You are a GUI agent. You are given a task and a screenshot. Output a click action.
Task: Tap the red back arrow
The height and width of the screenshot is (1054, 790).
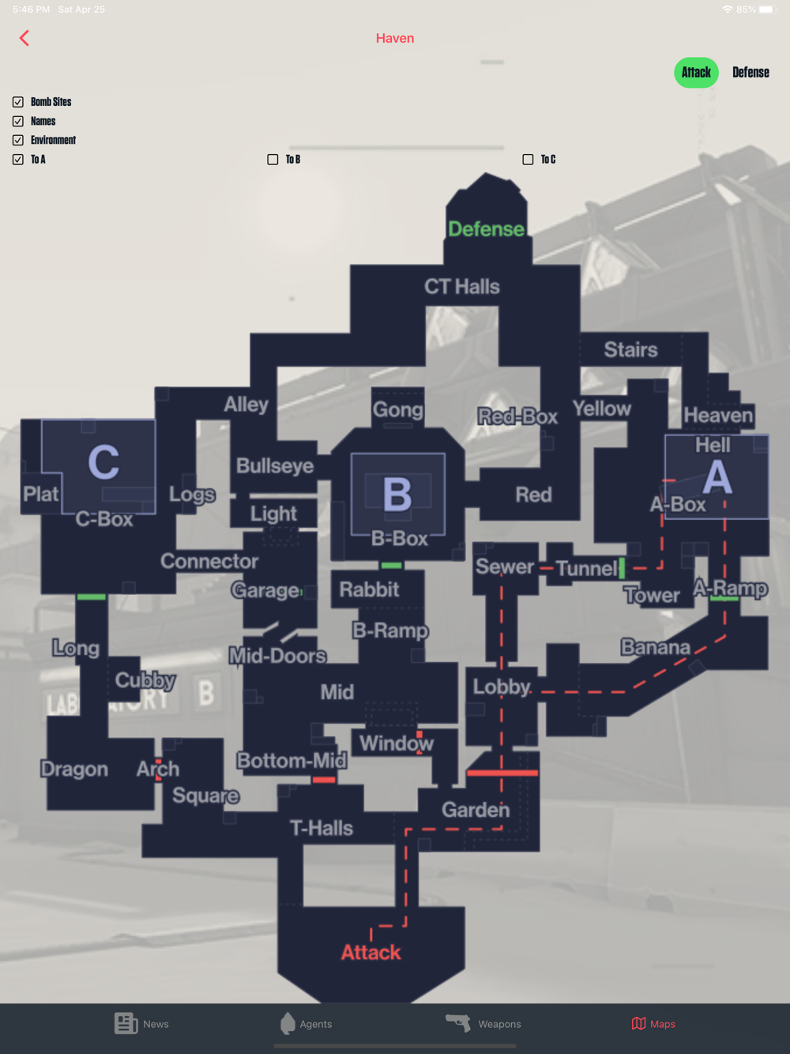pyautogui.click(x=24, y=38)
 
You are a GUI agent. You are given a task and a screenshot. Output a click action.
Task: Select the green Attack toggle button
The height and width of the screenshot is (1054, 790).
pyautogui.click(x=696, y=73)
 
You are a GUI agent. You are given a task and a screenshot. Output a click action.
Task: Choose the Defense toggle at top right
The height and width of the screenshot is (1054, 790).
pyautogui.click(x=750, y=73)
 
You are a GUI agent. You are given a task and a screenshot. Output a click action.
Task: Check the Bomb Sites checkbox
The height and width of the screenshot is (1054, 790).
pyautogui.click(x=18, y=102)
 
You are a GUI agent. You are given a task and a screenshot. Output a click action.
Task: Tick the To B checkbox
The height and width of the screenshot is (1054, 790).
pyautogui.click(x=273, y=160)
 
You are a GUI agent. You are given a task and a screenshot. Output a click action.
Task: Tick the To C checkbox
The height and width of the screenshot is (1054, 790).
pyautogui.click(x=528, y=160)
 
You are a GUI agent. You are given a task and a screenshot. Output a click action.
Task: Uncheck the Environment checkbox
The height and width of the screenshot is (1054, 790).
pyautogui.click(x=18, y=141)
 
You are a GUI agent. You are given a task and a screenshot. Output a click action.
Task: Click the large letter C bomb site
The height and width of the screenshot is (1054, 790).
pyautogui.click(x=103, y=462)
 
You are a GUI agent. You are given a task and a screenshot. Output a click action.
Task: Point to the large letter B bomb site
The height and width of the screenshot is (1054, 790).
pyautogui.click(x=397, y=494)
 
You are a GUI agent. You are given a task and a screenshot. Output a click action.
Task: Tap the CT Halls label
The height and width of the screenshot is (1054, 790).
pyautogui.click(x=462, y=287)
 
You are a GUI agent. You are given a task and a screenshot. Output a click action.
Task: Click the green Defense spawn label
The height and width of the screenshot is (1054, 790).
pyautogui.click(x=486, y=229)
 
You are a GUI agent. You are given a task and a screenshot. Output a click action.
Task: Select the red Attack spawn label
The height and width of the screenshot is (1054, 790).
pyautogui.click(x=371, y=952)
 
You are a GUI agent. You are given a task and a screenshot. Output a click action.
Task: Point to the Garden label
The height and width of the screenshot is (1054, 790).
pyautogui.click(x=476, y=810)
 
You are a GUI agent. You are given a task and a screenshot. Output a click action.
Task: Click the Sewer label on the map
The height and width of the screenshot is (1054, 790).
pyautogui.click(x=504, y=567)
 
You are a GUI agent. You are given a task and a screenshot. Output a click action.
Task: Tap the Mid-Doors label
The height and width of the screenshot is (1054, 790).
pyautogui.click(x=277, y=656)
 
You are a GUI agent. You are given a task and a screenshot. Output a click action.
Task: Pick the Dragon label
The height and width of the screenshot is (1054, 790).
pyautogui.click(x=74, y=769)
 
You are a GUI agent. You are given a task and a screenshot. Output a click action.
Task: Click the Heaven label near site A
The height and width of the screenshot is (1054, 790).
pyautogui.click(x=718, y=416)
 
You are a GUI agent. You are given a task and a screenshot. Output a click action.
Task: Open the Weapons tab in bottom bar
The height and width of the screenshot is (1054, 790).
pyautogui.click(x=483, y=1024)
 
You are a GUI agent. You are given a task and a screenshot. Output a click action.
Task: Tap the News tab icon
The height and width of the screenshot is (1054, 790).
pyautogui.click(x=126, y=1023)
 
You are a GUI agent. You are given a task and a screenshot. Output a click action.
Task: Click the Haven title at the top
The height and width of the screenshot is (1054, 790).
pyautogui.click(x=395, y=38)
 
